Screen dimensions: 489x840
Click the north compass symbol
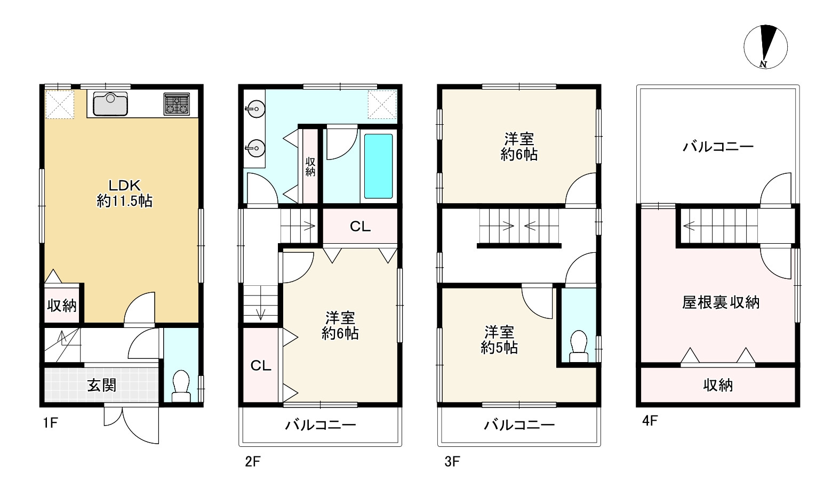(765, 47)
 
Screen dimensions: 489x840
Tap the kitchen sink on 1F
(110, 104)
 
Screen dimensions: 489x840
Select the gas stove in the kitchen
(177, 104)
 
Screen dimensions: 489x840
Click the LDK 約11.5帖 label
(124, 193)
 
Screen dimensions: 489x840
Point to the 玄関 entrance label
(101, 385)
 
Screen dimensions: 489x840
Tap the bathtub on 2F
(378, 166)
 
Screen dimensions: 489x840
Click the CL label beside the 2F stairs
(360, 227)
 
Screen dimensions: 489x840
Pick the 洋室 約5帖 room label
(499, 340)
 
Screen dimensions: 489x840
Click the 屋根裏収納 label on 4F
(721, 302)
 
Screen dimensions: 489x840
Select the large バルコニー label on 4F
(718, 147)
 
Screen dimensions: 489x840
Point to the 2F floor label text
(253, 461)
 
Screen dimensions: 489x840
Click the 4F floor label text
(650, 421)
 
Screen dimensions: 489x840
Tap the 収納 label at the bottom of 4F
(718, 385)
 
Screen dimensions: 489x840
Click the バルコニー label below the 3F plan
(519, 425)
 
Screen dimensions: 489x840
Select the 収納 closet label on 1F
(62, 306)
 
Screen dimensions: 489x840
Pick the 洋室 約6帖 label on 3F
(519, 147)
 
